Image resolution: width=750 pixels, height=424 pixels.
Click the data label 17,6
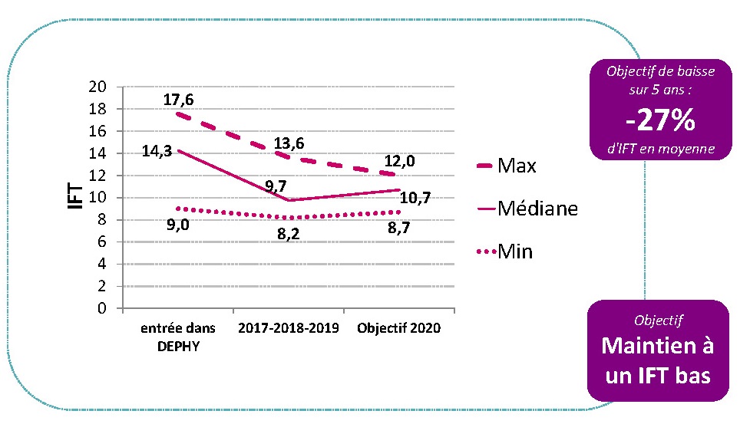[x=179, y=100]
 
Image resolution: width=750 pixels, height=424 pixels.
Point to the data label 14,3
[x=157, y=151]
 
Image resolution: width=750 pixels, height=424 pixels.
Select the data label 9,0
[x=178, y=225]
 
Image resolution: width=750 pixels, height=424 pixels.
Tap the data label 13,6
[x=289, y=143]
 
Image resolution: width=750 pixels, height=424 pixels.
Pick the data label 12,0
[x=400, y=161]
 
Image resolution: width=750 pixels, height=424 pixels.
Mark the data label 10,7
[x=415, y=199]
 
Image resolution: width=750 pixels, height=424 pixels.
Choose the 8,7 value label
[x=404, y=228]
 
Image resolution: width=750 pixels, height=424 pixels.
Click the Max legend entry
[x=517, y=166]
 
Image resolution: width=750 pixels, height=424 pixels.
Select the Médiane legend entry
[x=537, y=209]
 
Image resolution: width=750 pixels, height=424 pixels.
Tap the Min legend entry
[x=515, y=251]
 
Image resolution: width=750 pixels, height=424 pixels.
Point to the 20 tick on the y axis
[x=97, y=86]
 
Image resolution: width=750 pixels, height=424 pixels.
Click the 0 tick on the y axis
[x=102, y=309]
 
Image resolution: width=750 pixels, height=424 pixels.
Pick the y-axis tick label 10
[x=97, y=198]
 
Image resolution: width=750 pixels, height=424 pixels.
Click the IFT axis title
[x=75, y=196]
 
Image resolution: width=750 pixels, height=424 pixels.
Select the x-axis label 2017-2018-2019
[x=289, y=328]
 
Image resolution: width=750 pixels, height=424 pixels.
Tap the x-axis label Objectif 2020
[x=399, y=328]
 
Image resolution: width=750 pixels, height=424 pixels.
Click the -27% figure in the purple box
[x=660, y=120]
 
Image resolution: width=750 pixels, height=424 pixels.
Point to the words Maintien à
[x=658, y=346]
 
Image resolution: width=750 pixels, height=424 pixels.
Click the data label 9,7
[x=276, y=186]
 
